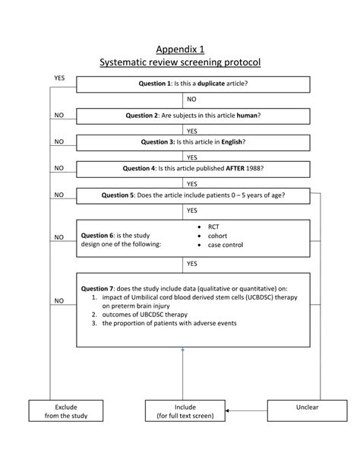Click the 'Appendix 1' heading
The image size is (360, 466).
coord(180,50)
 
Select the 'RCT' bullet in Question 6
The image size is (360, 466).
coord(215,227)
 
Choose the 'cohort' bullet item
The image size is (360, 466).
coord(219,236)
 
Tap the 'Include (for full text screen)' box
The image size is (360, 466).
coord(185,411)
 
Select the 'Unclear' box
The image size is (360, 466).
coord(307,407)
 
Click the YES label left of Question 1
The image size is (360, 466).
coord(59,78)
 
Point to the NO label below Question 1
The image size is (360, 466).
coord(191,100)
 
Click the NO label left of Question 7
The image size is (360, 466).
coord(58,301)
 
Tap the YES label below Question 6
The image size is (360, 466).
coord(191,263)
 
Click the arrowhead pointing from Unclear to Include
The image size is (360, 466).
coord(228,411)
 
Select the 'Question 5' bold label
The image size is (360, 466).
coord(118,195)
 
